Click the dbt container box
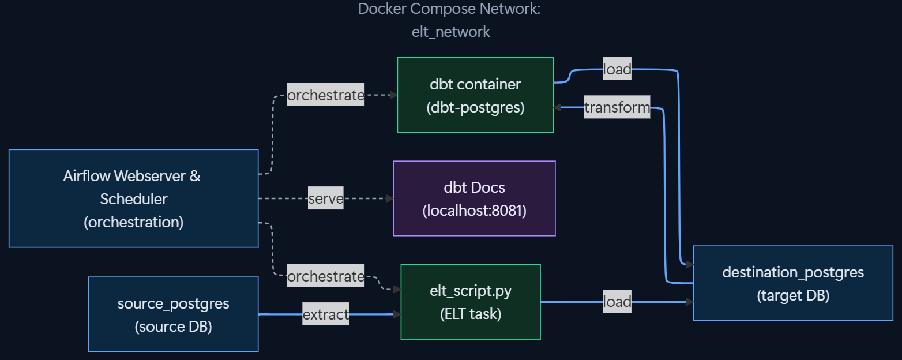pyautogui.click(x=475, y=95)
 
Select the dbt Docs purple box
pyautogui.click(x=474, y=198)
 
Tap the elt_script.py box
pyautogui.click(x=471, y=302)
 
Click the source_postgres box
pyautogui.click(x=173, y=314)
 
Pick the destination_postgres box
pyautogui.click(x=793, y=283)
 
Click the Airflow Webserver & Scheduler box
pyautogui.click(x=133, y=198)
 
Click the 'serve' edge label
pyautogui.click(x=326, y=199)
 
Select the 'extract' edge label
pyautogui.click(x=326, y=314)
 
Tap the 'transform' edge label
pyautogui.click(x=617, y=107)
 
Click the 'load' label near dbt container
pyautogui.click(x=617, y=69)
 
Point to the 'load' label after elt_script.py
pyautogui.click(x=617, y=302)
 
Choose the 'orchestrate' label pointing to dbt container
pyautogui.click(x=326, y=95)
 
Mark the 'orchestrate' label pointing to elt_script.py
pyautogui.click(x=326, y=276)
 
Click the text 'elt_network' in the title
pyautogui.click(x=450, y=32)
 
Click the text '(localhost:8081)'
pyautogui.click(x=474, y=211)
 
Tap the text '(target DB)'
pyautogui.click(x=793, y=296)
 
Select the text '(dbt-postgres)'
pyautogui.click(x=475, y=108)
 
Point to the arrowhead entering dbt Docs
pyautogui.click(x=389, y=198)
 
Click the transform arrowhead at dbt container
pyautogui.click(x=558, y=107)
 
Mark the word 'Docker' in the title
pyautogui.click(x=379, y=9)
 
